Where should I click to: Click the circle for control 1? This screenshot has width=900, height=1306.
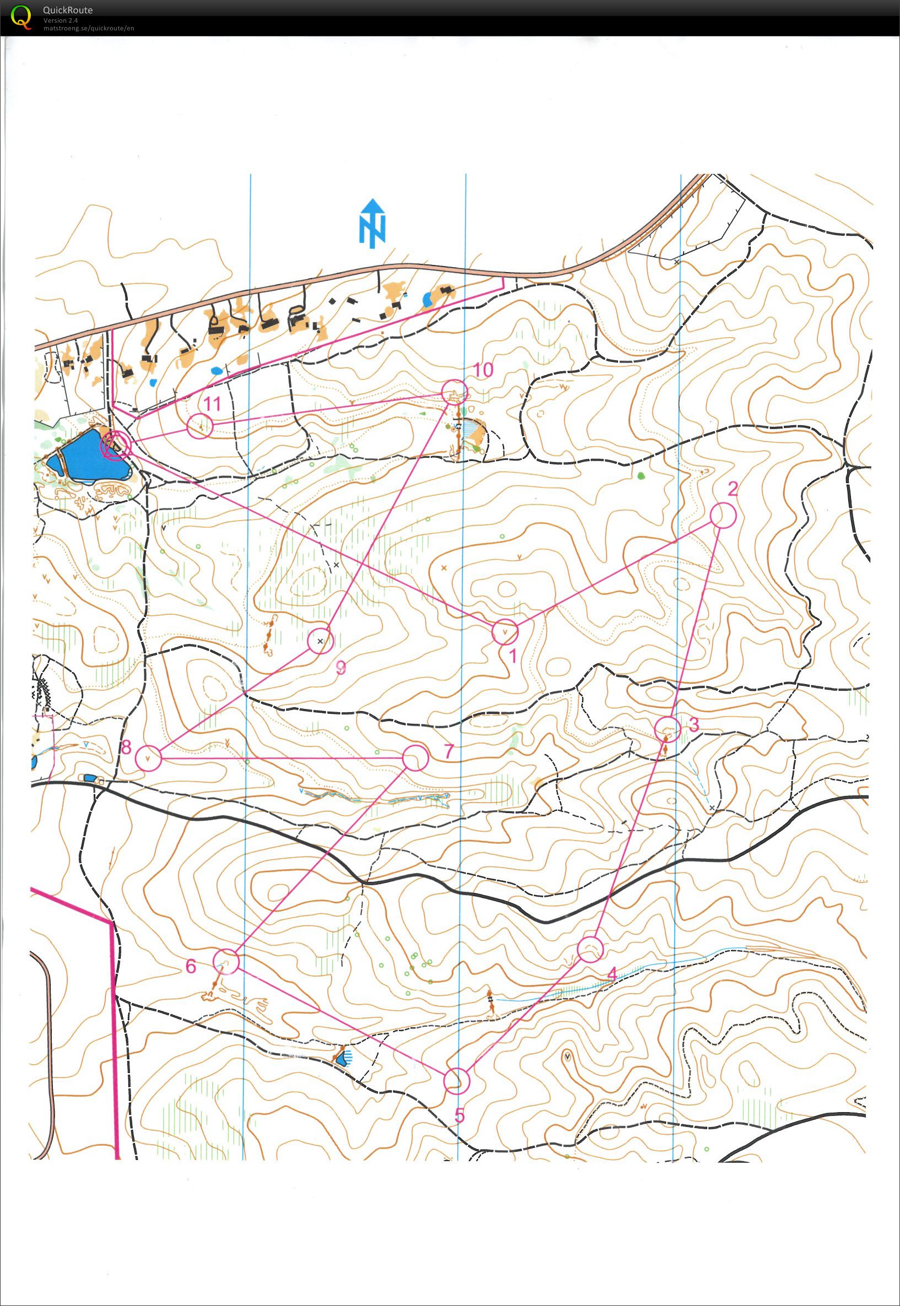click(x=505, y=632)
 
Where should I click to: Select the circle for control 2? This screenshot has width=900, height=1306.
click(x=723, y=516)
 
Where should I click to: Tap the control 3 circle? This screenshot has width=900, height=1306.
click(x=667, y=729)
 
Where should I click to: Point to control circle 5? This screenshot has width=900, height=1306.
click(x=456, y=1081)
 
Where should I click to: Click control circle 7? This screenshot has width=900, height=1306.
click(x=416, y=758)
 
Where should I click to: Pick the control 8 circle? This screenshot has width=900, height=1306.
click(x=148, y=758)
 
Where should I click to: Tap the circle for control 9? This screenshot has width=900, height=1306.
click(x=321, y=641)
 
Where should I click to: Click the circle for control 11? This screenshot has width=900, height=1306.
click(x=199, y=426)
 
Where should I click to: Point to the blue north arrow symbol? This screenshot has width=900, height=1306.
click(x=372, y=223)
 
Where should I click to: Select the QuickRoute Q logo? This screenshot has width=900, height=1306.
click(x=21, y=17)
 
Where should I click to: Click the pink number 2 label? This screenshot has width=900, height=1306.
click(x=732, y=489)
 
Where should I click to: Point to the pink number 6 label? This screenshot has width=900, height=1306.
click(x=191, y=967)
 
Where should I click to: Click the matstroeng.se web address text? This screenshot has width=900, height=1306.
click(x=89, y=28)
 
